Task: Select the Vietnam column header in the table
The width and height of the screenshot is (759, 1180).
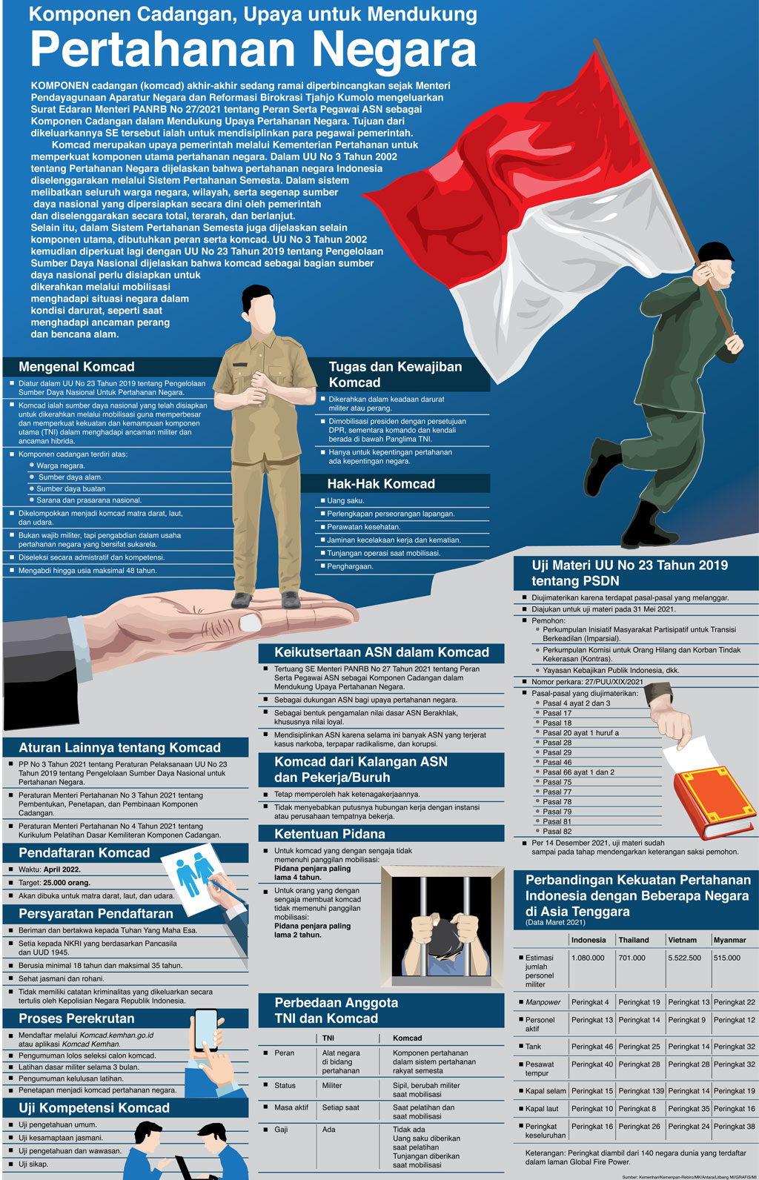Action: click(x=682, y=940)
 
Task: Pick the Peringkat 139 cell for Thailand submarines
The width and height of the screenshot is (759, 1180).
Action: click(x=641, y=1090)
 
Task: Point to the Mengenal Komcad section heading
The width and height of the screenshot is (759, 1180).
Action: click(x=76, y=367)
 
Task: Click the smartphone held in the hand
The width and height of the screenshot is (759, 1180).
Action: click(x=206, y=1029)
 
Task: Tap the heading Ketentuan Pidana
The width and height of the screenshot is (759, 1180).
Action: click(x=330, y=833)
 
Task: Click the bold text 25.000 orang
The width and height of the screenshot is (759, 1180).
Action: click(x=67, y=882)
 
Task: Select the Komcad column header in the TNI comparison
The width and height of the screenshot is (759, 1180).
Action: click(x=407, y=1038)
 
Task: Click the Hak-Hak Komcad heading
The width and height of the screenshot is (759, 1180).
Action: click(x=381, y=483)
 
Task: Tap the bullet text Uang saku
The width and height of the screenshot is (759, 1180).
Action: click(x=345, y=500)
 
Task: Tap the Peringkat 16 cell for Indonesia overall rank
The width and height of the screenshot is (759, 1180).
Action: click(x=590, y=1127)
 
